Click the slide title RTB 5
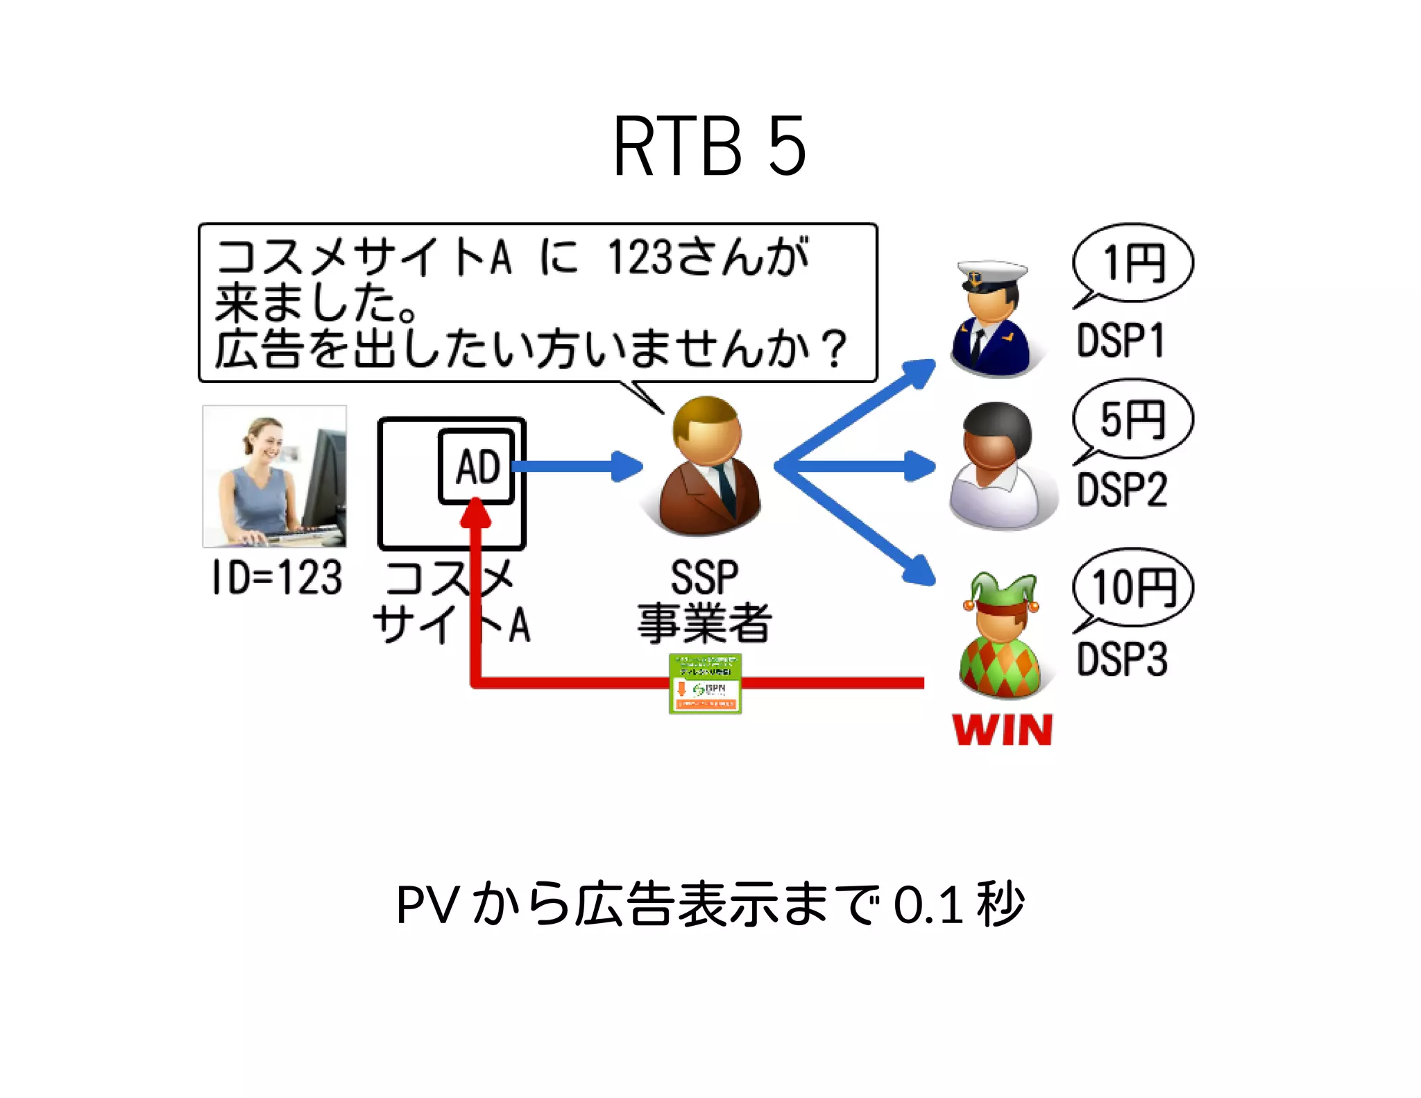(x=709, y=147)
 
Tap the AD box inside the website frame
(x=477, y=466)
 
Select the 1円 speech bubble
(x=1133, y=264)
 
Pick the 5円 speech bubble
(x=1133, y=419)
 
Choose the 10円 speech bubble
(x=1133, y=588)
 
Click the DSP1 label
(x=1119, y=341)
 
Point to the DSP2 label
(x=1121, y=489)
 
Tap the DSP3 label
(x=1121, y=659)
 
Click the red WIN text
(x=1003, y=730)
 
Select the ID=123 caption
(x=277, y=577)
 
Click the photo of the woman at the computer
(x=275, y=476)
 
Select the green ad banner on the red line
(x=705, y=684)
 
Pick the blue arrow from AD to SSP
(x=576, y=466)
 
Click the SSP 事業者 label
(x=704, y=601)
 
